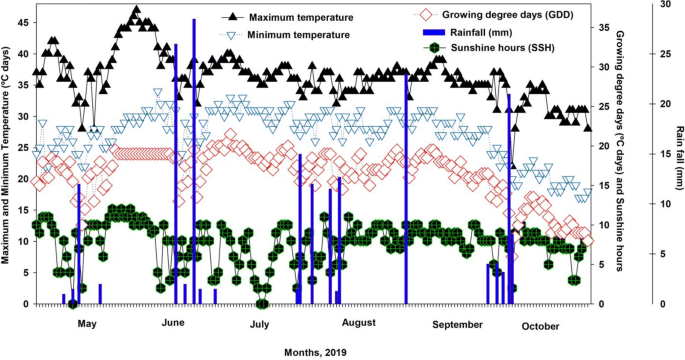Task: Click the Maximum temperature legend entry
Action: pyautogui.click(x=299, y=18)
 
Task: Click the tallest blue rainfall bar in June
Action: pyautogui.click(x=193, y=160)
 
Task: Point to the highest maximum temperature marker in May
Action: pyautogui.click(x=136, y=10)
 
